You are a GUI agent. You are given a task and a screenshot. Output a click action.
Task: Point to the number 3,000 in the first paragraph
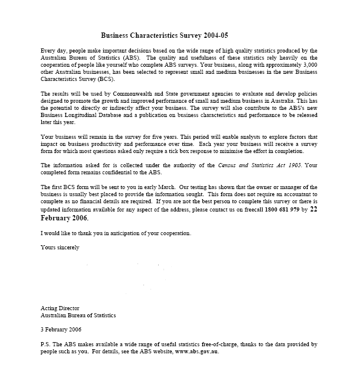(x=309, y=66)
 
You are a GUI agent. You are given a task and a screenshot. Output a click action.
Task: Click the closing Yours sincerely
(x=60, y=247)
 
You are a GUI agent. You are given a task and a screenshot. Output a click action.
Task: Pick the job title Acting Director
(x=60, y=308)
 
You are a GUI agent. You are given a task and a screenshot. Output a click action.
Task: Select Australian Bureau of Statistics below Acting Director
(x=78, y=315)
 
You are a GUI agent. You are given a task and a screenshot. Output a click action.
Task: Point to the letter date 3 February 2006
(x=61, y=329)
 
